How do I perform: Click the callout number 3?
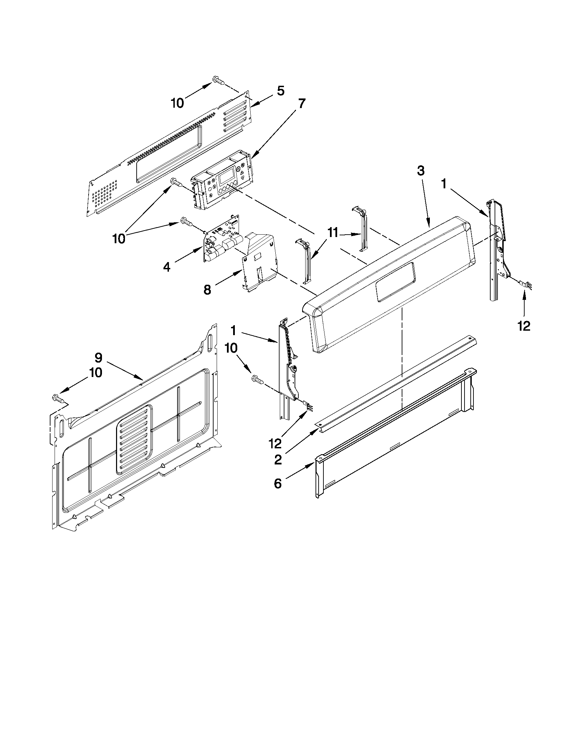[420, 171]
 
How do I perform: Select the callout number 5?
[280, 91]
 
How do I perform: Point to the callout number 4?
[167, 267]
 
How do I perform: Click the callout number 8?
[207, 290]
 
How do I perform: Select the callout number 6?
[278, 484]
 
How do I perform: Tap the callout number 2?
[278, 460]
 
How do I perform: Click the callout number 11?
[332, 233]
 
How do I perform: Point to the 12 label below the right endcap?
[524, 325]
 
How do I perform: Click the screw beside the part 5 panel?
[217, 81]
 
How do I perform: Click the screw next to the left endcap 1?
[257, 380]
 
